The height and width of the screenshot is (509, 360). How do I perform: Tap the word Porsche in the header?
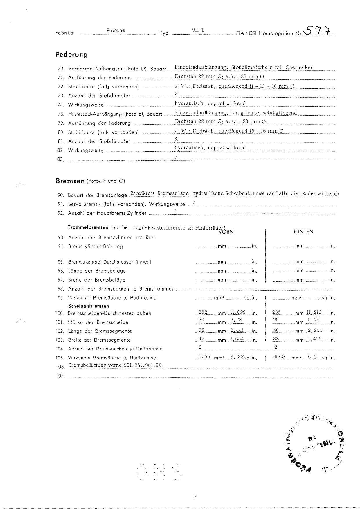click(x=116, y=30)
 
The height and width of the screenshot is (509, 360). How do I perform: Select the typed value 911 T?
click(x=198, y=30)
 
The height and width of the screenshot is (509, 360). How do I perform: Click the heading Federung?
click(x=71, y=54)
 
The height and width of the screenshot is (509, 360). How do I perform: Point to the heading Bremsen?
click(x=70, y=181)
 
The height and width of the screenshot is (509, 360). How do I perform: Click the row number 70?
click(x=61, y=69)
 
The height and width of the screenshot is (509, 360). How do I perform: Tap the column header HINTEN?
click(x=303, y=232)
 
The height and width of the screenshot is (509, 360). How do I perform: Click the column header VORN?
click(x=226, y=232)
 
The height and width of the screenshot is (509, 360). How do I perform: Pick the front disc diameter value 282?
click(x=203, y=312)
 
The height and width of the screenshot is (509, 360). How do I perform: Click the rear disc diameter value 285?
click(x=276, y=312)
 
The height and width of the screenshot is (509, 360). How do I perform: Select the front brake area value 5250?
click(x=204, y=357)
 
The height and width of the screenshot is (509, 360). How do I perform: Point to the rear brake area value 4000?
click(x=279, y=357)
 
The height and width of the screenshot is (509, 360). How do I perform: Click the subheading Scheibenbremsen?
click(x=89, y=306)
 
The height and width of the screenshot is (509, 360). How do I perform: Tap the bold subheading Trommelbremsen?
click(x=88, y=227)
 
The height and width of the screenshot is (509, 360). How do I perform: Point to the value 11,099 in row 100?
click(x=238, y=312)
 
